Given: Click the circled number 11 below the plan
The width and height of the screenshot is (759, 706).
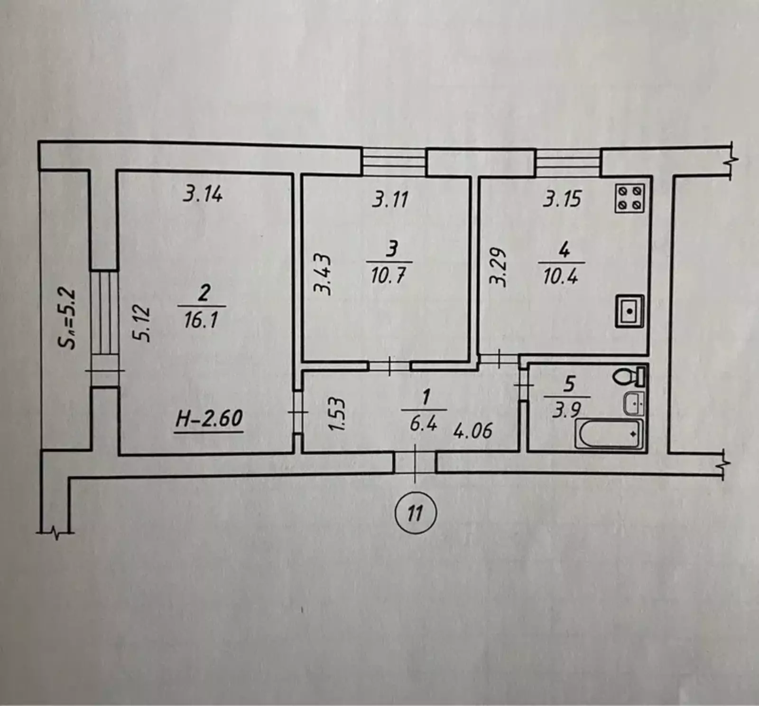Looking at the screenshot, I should tap(415, 513).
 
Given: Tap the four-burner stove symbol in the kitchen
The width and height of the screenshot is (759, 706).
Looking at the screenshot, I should tap(629, 198).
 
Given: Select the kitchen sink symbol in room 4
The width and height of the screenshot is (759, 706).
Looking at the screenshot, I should tap(629, 311).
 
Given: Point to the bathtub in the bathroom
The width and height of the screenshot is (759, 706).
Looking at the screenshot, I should tap(609, 433).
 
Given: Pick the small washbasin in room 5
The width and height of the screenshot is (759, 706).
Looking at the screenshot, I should tap(633, 403).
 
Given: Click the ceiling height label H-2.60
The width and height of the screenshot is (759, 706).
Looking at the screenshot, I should tap(209, 419).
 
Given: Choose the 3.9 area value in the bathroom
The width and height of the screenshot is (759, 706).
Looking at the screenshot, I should tap(566, 410).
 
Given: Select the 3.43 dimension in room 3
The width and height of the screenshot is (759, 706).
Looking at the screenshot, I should tap(323, 274).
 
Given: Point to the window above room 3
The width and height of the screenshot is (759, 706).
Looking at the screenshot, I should tap(394, 162).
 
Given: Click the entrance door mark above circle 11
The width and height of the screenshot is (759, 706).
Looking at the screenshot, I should tap(415, 463).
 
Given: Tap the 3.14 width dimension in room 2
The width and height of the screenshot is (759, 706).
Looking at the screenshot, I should tap(203, 194).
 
